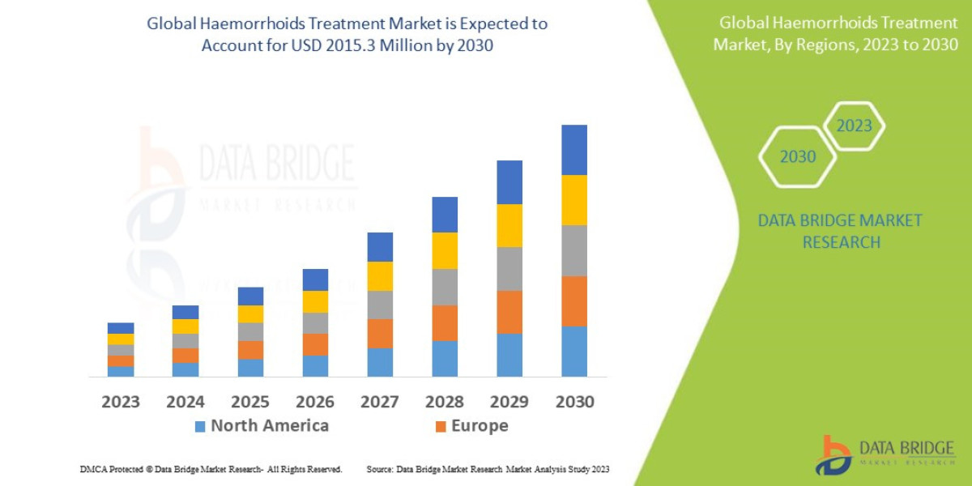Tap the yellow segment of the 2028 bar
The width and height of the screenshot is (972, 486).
(x=445, y=250)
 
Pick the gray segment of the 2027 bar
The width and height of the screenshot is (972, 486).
(x=380, y=305)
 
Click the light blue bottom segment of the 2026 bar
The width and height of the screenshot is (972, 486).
(x=315, y=366)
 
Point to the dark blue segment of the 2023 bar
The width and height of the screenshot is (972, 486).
(x=121, y=328)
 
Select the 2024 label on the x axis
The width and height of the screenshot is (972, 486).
(x=185, y=402)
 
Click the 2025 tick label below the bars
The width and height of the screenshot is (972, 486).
(x=250, y=402)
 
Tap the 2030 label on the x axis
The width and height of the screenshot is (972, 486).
(x=574, y=402)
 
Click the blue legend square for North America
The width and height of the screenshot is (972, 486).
(x=200, y=426)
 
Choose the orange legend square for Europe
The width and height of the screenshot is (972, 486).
(x=441, y=426)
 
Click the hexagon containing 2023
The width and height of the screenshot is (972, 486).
(x=854, y=126)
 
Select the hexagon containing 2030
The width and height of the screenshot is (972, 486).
(x=798, y=157)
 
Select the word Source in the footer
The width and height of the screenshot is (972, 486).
(x=379, y=469)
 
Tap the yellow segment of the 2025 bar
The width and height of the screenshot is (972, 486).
(x=250, y=313)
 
